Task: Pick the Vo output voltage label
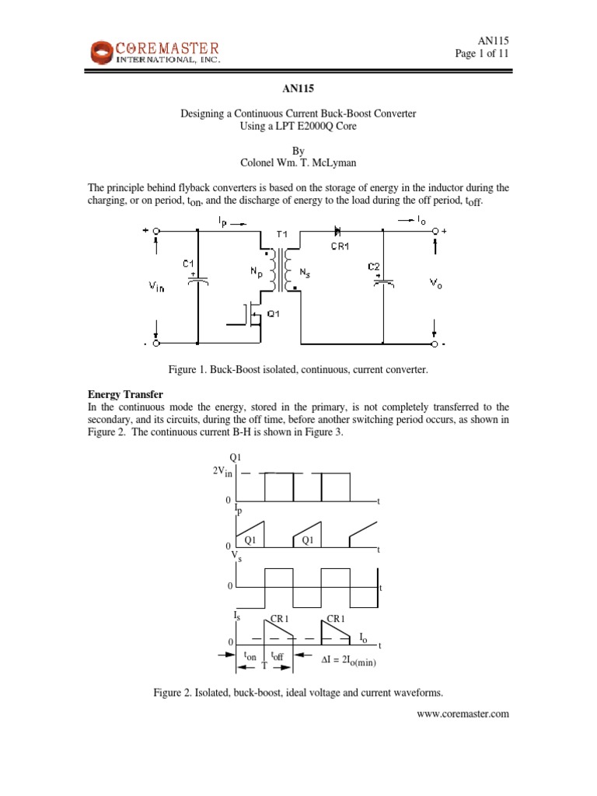coord(414,285)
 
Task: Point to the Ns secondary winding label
coord(305,273)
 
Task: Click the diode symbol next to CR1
coord(337,231)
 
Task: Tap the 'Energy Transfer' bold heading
coord(118,396)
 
